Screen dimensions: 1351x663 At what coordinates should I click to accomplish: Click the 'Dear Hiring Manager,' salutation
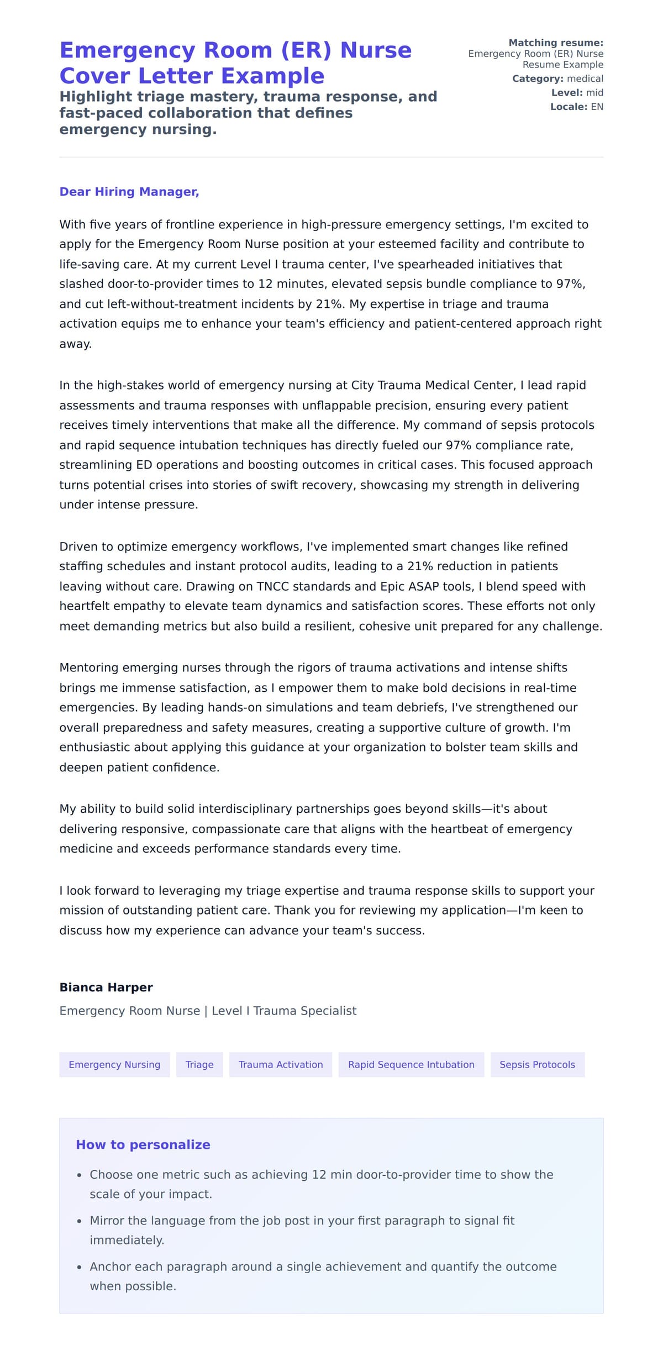pos(129,192)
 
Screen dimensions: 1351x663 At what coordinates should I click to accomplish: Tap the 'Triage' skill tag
pos(199,1064)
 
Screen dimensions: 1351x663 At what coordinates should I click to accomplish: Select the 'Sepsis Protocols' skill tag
pos(537,1064)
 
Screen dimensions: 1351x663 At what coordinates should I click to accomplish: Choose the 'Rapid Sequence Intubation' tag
pos(411,1064)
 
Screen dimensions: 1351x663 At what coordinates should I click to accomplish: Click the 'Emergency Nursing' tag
pos(114,1064)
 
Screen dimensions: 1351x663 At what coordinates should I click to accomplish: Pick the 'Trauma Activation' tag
pos(281,1064)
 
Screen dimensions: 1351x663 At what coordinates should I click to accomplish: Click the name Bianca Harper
pos(106,987)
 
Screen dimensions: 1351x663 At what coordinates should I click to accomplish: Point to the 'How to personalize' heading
pos(143,1144)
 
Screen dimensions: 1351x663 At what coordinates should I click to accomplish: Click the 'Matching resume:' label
pos(555,43)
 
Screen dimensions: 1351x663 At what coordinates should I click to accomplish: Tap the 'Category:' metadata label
pos(538,78)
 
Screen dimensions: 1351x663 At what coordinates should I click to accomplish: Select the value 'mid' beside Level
pos(594,93)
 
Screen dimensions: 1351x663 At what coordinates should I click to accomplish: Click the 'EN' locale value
pos(597,107)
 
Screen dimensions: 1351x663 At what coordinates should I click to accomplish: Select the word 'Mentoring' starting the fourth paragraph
pos(88,667)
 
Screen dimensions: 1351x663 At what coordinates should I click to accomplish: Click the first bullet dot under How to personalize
pos(80,1175)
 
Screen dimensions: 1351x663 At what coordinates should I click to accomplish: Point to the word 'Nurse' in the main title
pos(376,50)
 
